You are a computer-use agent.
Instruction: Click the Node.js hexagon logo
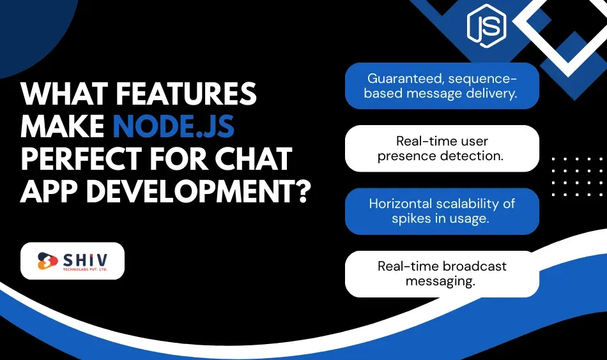click(486, 26)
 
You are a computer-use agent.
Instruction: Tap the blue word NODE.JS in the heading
click(174, 127)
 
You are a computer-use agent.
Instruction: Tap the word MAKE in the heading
click(62, 127)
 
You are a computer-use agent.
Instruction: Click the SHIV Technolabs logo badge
click(72, 261)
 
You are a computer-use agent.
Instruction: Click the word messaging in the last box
click(441, 281)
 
